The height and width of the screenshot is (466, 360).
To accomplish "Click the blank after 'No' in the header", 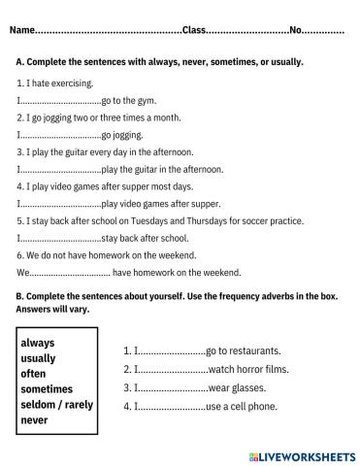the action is point(325,31).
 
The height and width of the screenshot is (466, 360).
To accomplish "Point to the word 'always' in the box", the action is point(38,344).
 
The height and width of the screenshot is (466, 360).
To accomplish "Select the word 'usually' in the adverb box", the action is point(39,358).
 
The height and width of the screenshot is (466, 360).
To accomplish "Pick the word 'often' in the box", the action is point(34,374).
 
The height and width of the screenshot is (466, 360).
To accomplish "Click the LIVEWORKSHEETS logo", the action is point(302,453).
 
